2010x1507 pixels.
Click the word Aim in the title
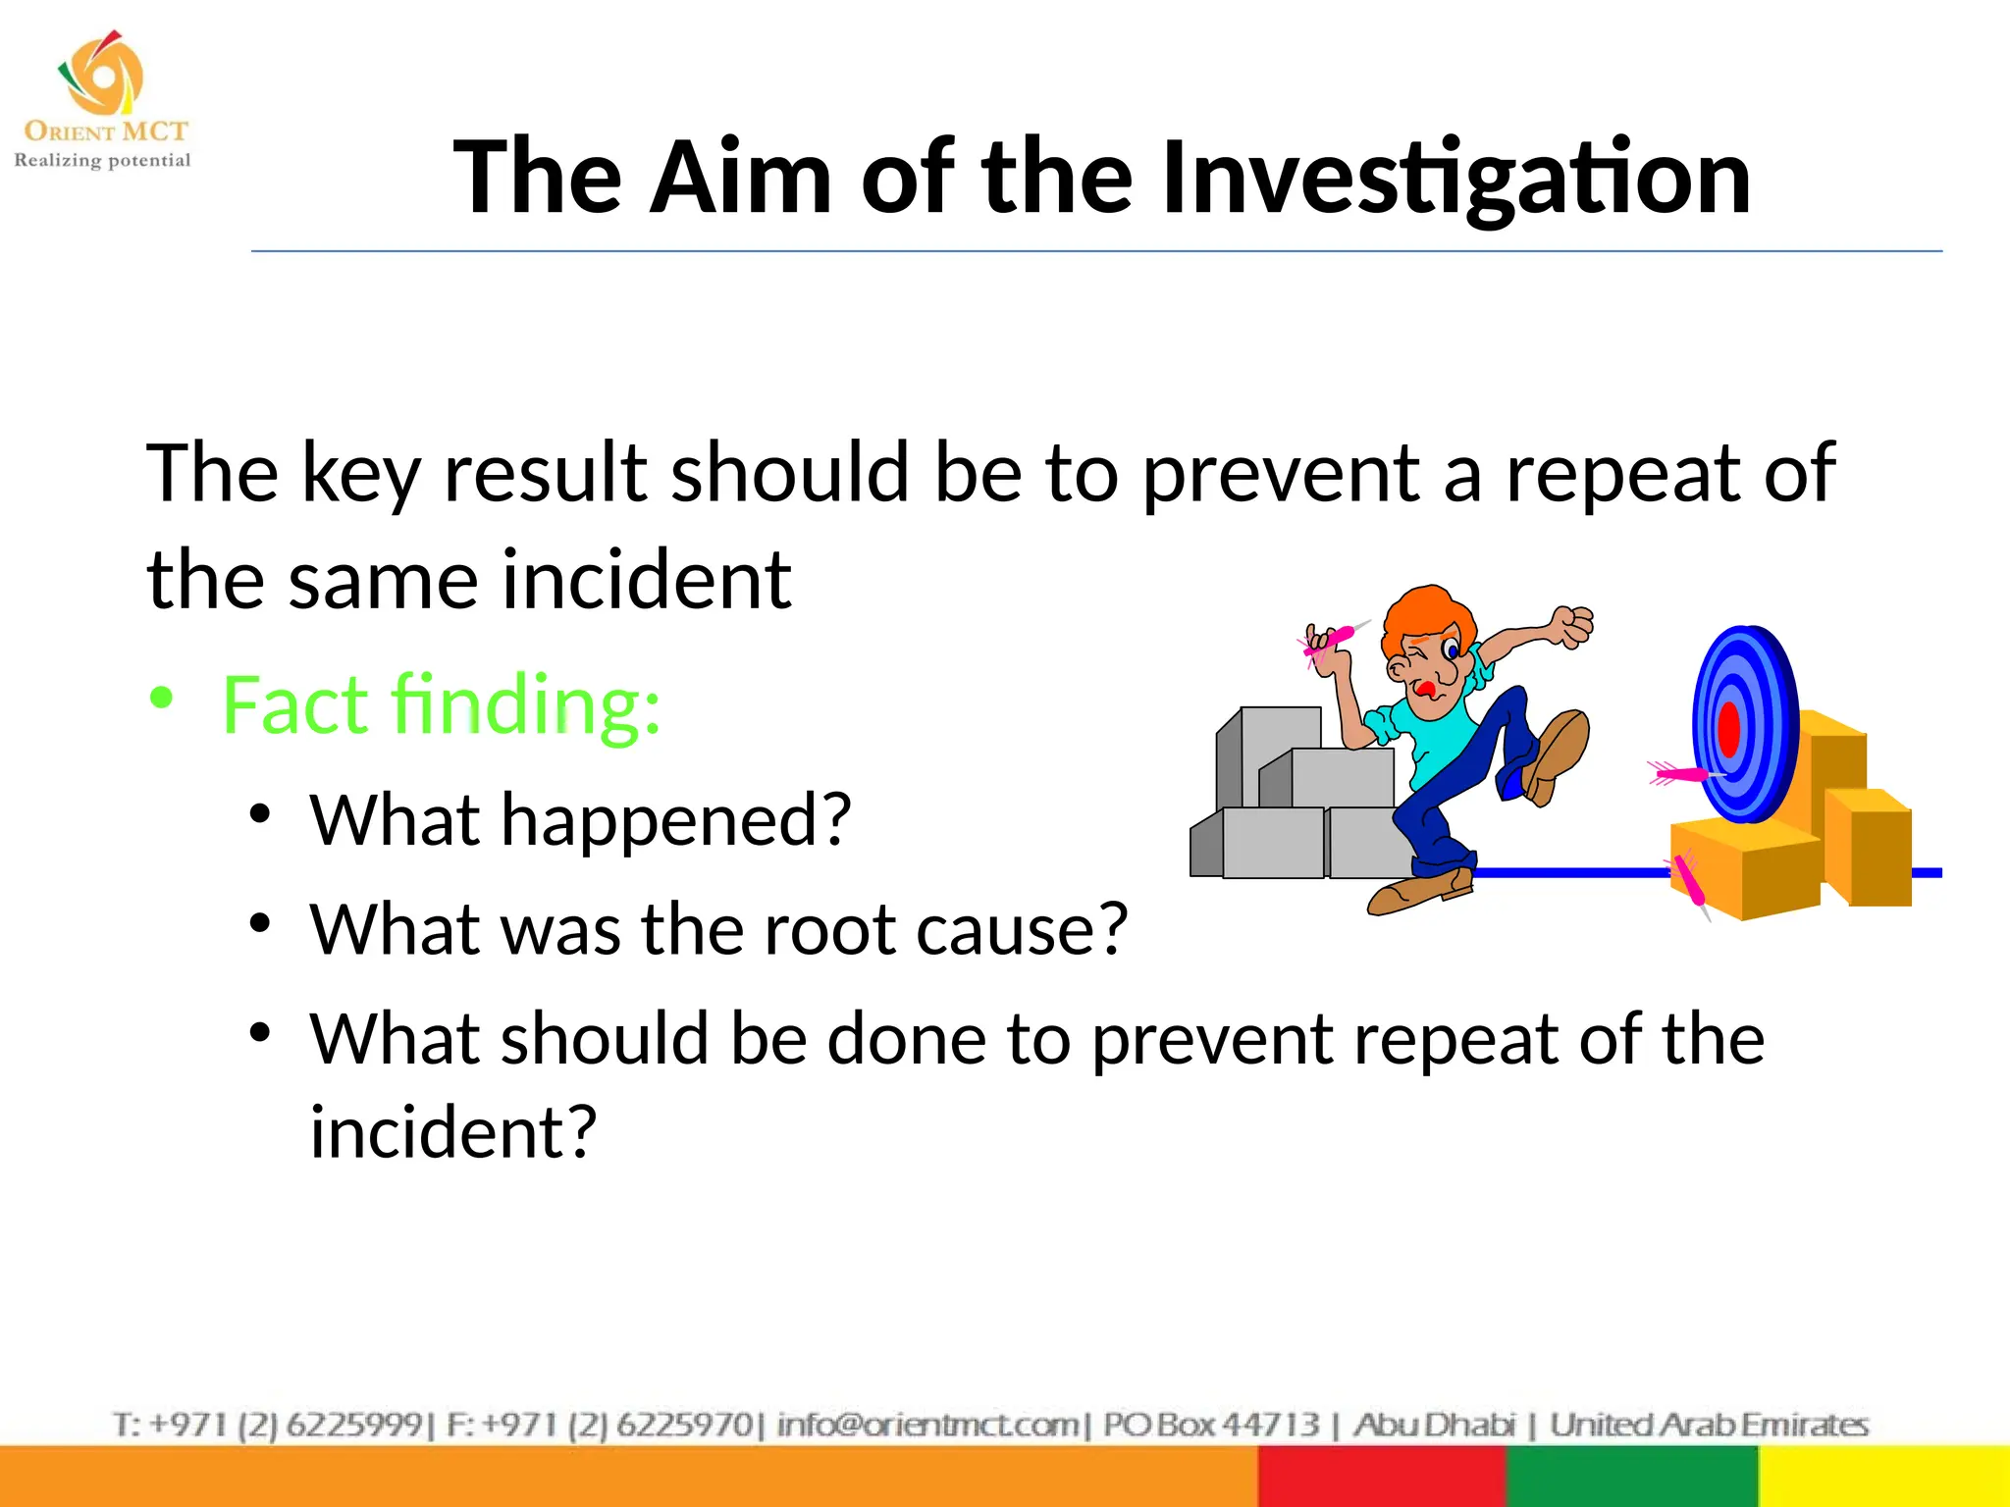(x=741, y=178)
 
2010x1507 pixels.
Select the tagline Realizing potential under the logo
(x=102, y=160)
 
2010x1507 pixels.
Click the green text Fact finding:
(x=441, y=704)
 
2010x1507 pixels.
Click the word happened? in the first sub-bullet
(x=676, y=819)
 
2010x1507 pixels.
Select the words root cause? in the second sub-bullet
(x=945, y=928)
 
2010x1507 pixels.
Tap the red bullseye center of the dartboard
(x=1729, y=729)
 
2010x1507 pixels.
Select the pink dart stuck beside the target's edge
(x=1680, y=775)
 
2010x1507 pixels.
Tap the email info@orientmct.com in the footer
(x=927, y=1424)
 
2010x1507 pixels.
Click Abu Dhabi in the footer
(x=1434, y=1424)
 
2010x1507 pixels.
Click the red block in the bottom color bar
(x=1381, y=1477)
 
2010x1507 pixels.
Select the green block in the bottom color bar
(x=1631, y=1477)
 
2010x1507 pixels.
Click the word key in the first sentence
(x=360, y=474)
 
